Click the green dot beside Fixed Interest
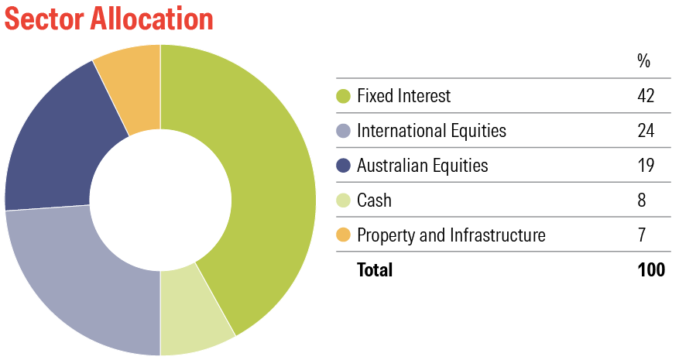tap(344, 96)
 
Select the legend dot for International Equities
tap(344, 130)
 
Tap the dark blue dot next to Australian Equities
tap(344, 165)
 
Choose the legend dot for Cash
tap(344, 201)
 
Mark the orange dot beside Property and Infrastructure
tap(344, 235)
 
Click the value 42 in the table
tap(646, 96)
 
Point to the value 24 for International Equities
tap(646, 130)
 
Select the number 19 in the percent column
tap(646, 165)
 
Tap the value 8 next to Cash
tap(642, 201)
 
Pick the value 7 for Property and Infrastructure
tap(642, 235)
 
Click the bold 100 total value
tap(651, 269)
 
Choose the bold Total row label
tap(375, 269)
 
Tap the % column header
tap(644, 61)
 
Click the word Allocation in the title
tap(152, 19)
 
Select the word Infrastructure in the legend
tap(498, 235)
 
